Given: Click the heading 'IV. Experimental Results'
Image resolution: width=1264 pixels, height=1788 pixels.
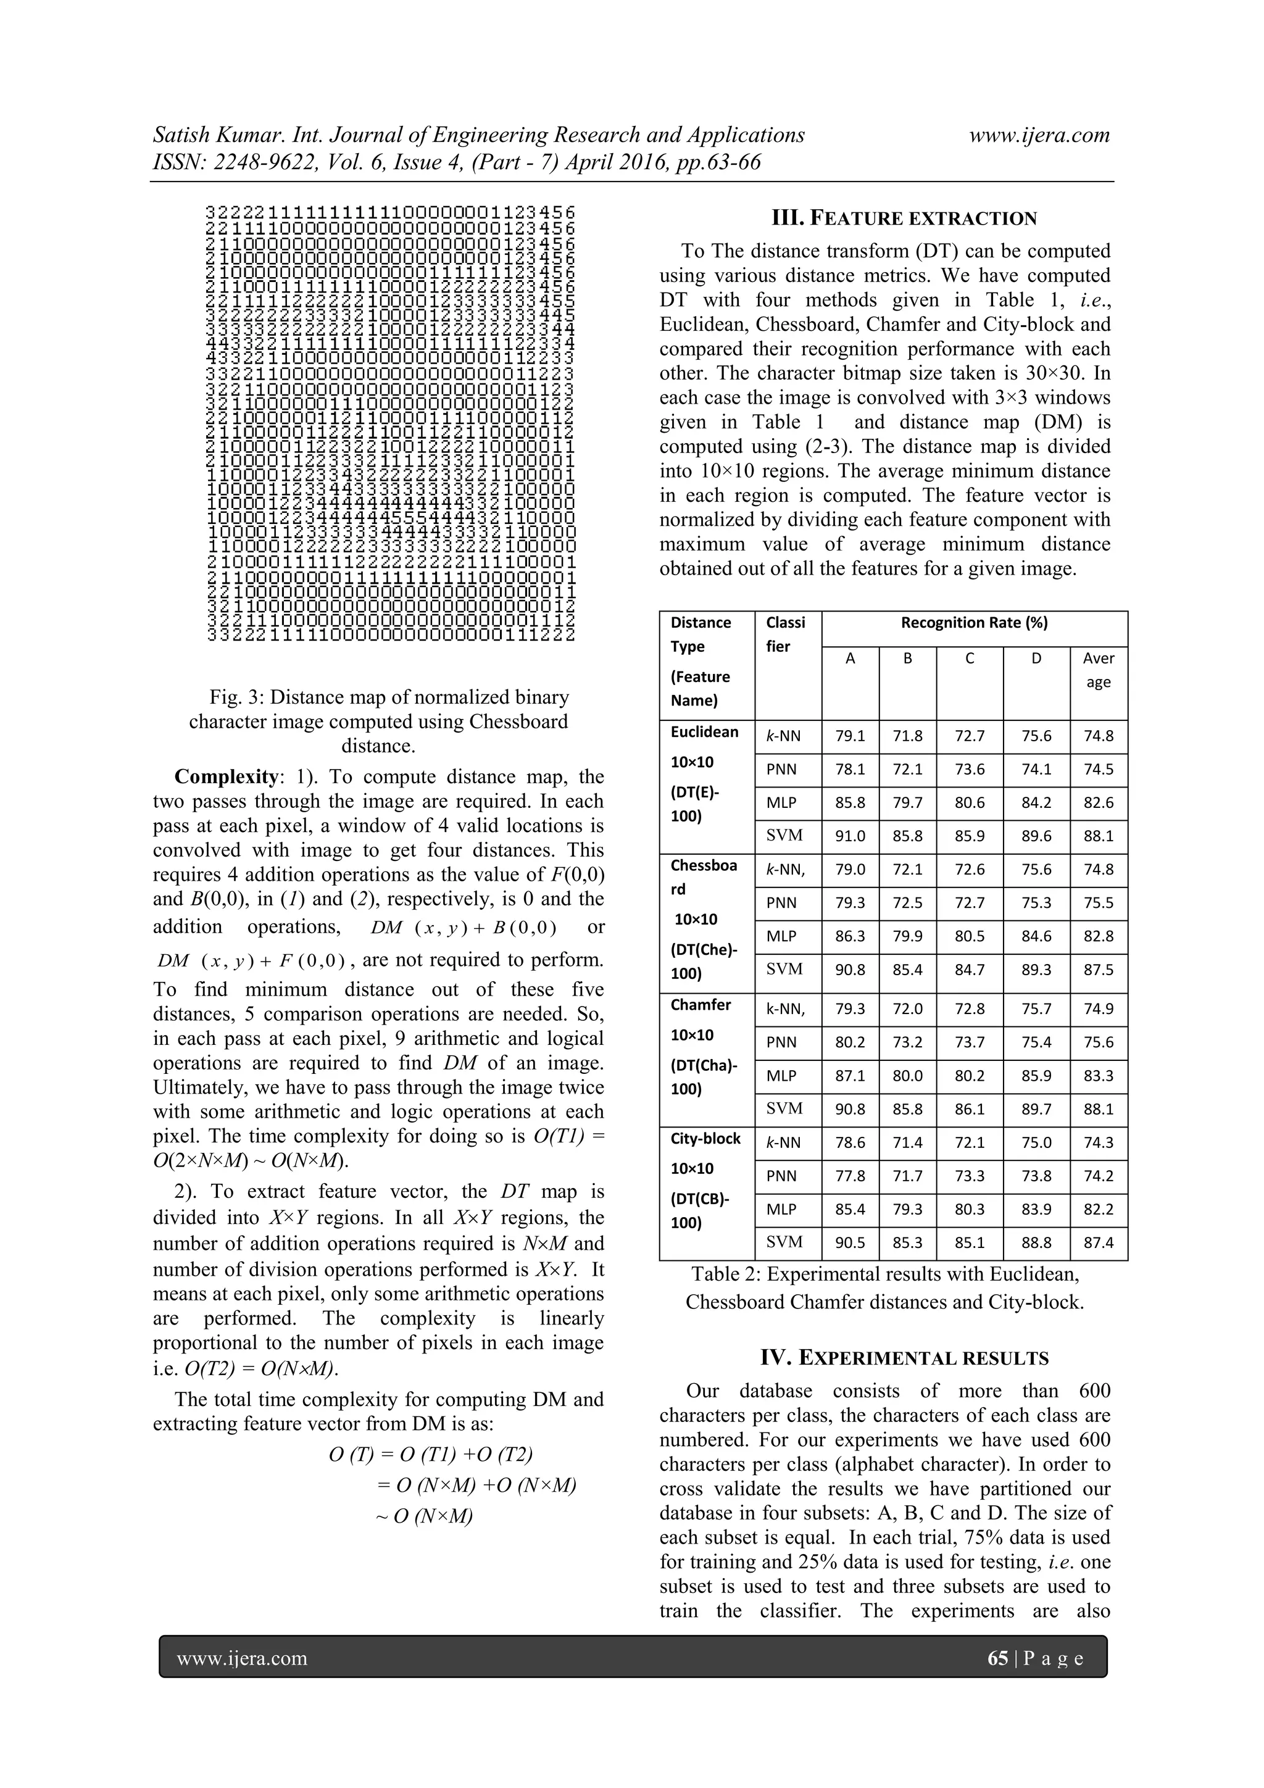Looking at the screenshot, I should coord(904,1358).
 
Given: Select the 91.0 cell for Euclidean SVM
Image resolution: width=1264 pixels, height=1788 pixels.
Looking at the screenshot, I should coord(850,836).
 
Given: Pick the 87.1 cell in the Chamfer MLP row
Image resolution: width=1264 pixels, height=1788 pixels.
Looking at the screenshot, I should coord(850,1075).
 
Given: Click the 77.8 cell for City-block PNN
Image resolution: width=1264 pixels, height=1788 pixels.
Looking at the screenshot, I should coord(850,1176).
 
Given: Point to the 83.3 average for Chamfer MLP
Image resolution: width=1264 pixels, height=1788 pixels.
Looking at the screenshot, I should coord(1098,1075).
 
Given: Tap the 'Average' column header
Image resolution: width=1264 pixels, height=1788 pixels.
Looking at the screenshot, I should coord(1098,670).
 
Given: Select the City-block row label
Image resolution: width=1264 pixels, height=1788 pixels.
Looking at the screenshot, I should coord(705,1139).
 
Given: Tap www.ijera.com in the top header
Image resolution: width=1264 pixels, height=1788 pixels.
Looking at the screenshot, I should coord(1039,135).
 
